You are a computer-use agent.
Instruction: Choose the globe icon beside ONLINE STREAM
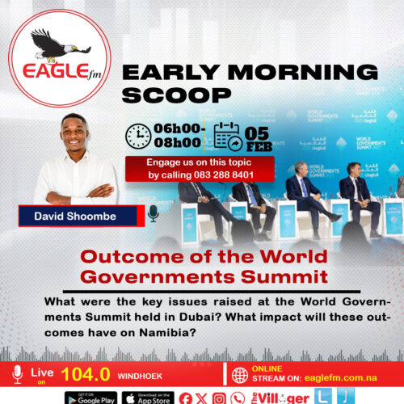[x=240, y=374]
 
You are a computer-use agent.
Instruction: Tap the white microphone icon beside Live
[x=18, y=373]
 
